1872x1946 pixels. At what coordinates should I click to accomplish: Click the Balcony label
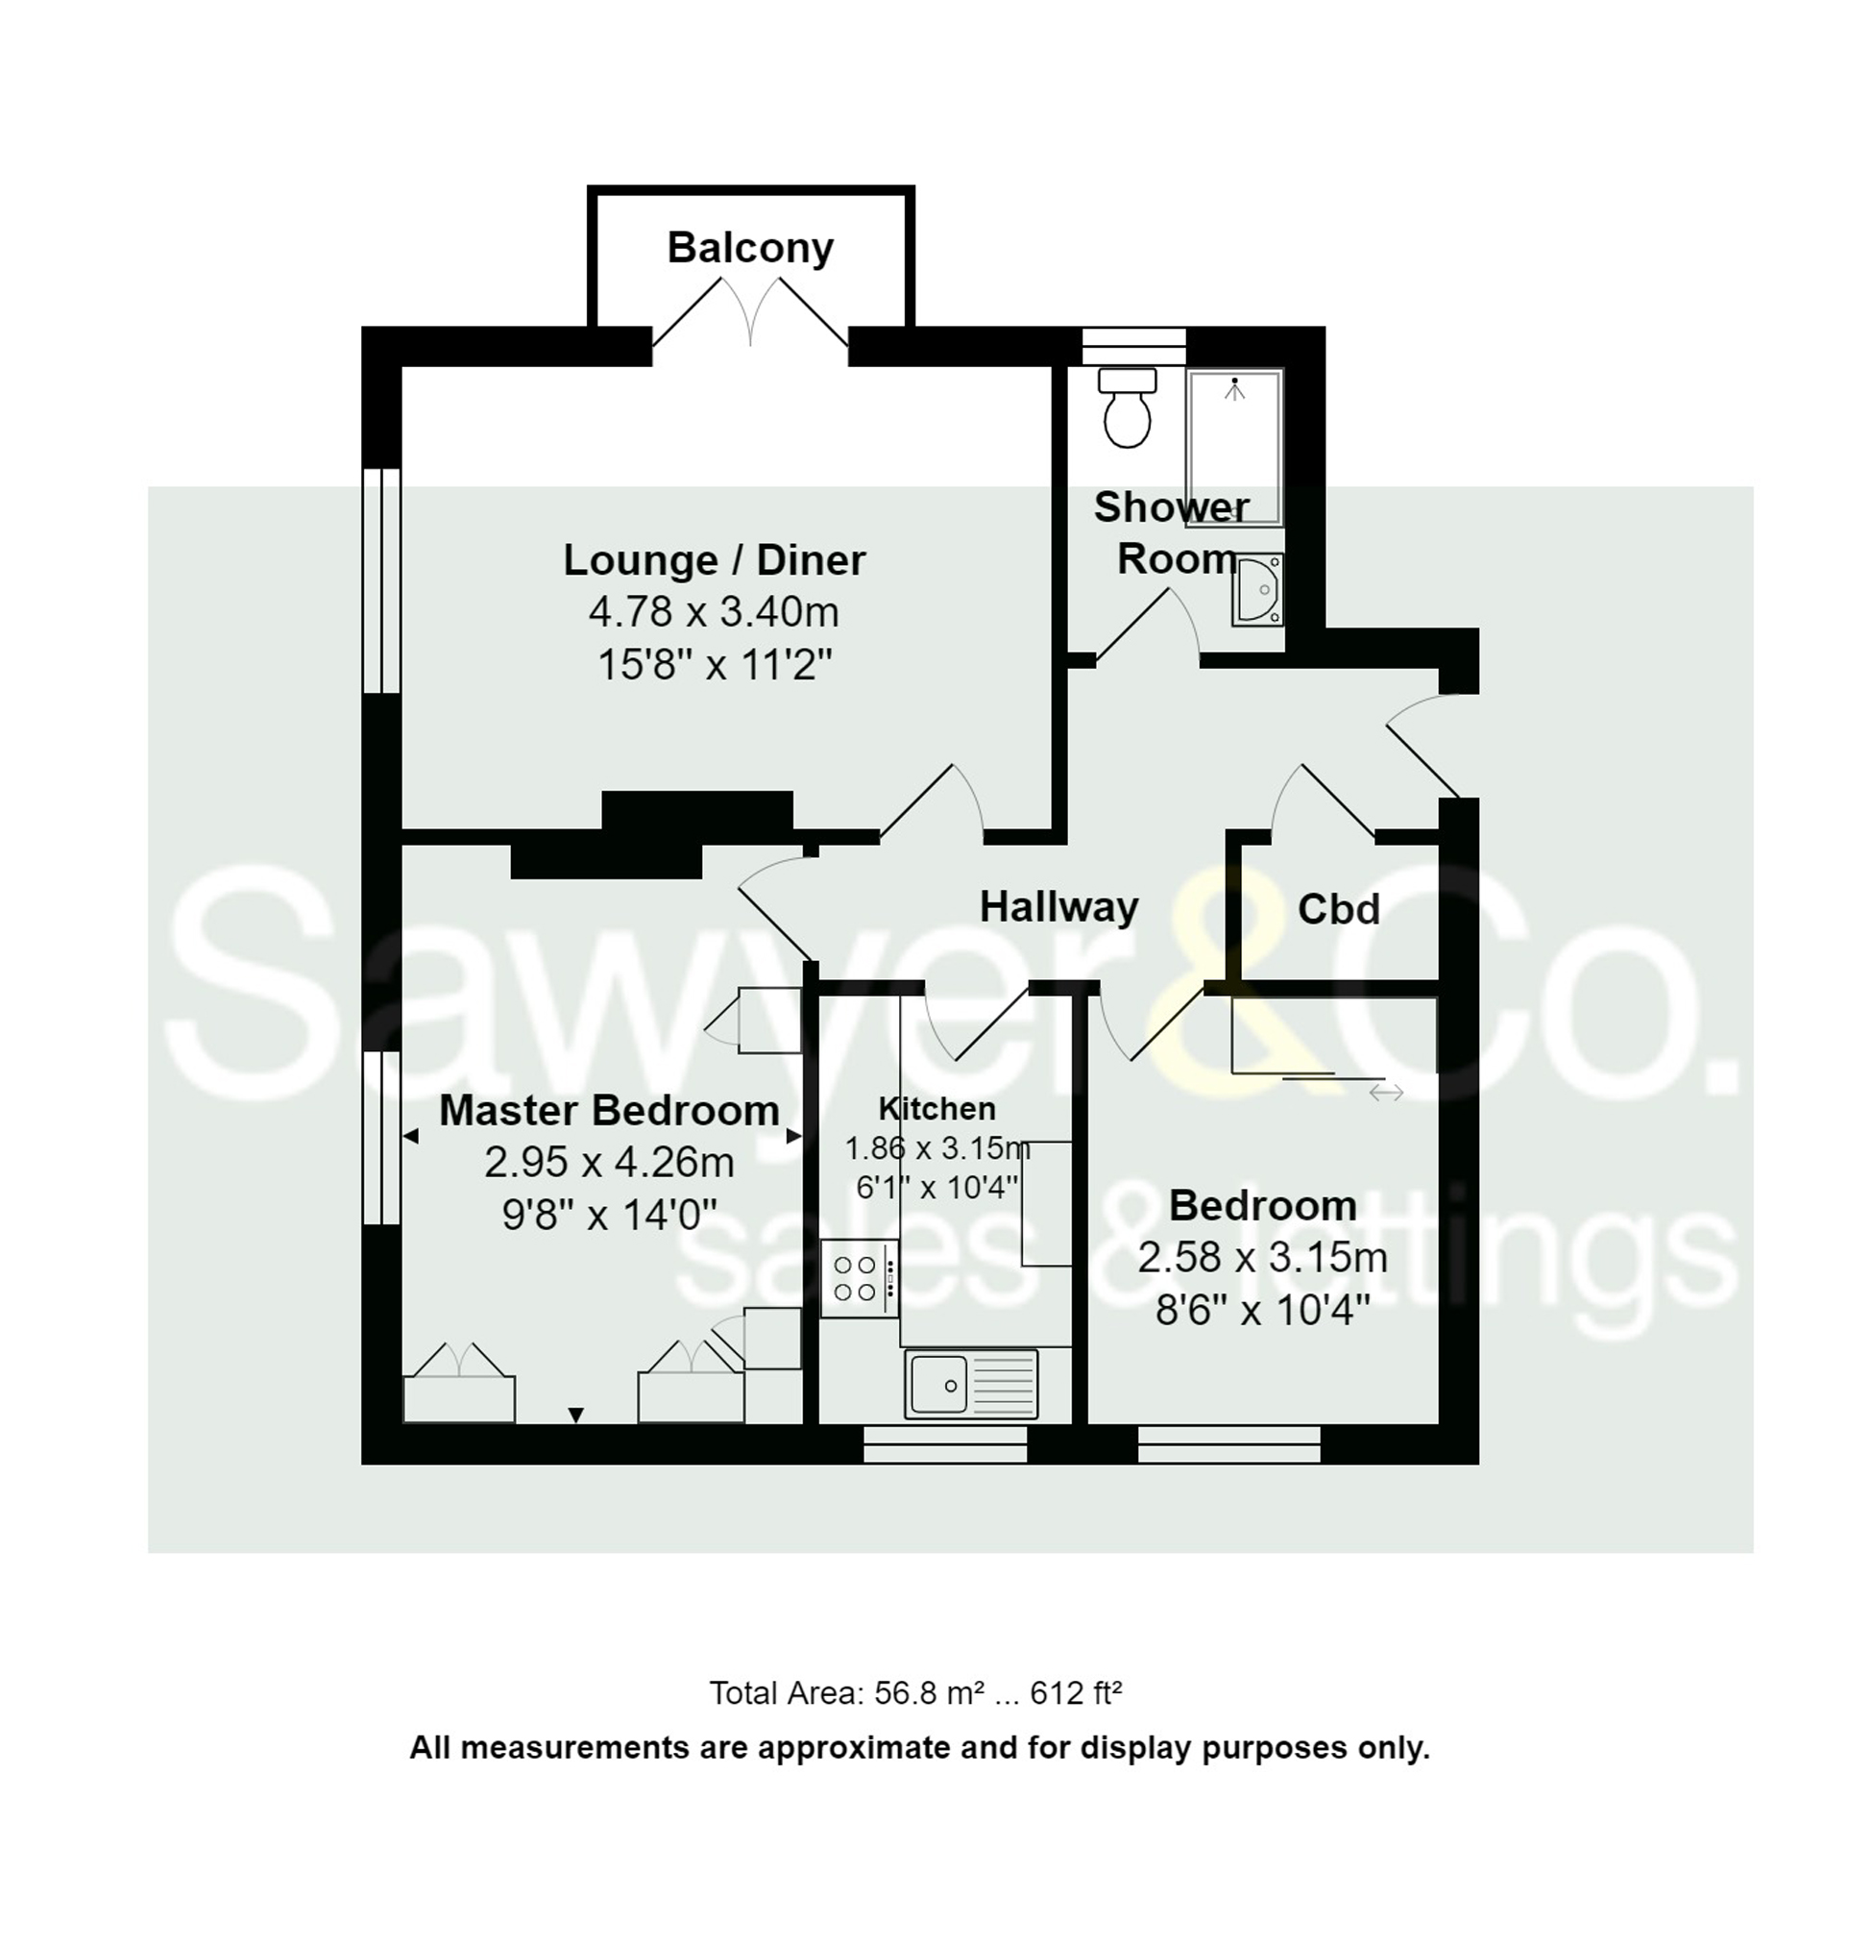pos(749,247)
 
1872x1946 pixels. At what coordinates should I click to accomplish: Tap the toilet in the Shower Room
pos(1127,407)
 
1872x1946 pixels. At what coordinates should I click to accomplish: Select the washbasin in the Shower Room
pos(1257,590)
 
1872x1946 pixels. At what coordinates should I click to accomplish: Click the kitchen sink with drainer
pos(971,1383)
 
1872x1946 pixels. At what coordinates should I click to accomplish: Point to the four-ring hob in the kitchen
pos(859,1278)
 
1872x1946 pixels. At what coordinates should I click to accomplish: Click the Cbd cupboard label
pos(1338,909)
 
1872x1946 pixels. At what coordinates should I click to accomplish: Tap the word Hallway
pos(1058,907)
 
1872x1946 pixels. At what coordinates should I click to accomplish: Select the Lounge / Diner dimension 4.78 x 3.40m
pos(714,611)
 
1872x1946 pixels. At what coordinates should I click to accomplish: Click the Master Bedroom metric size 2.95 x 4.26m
pos(608,1162)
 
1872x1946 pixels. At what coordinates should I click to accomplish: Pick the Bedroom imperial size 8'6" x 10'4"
pos(1262,1311)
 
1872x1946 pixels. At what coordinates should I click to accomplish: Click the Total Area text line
pos(915,1692)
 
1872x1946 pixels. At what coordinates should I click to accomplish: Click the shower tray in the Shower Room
pos(1235,447)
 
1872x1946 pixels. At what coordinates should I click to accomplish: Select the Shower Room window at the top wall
pos(1133,347)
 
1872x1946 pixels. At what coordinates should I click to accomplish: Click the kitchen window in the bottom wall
pos(944,1443)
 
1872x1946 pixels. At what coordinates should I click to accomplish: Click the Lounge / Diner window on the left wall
pos(381,579)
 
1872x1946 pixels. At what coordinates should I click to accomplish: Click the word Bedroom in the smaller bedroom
pos(1262,1205)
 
